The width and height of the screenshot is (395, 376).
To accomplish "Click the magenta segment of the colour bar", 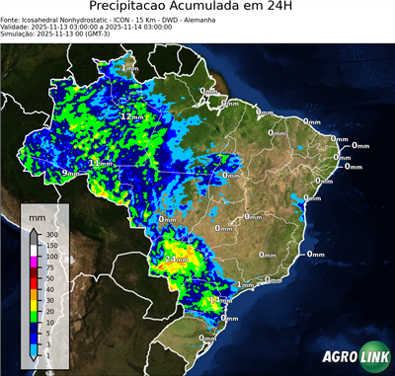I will (34, 262).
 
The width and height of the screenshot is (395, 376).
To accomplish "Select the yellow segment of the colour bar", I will (34, 305).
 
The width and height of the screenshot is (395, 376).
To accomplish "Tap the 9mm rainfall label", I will (68, 174).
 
